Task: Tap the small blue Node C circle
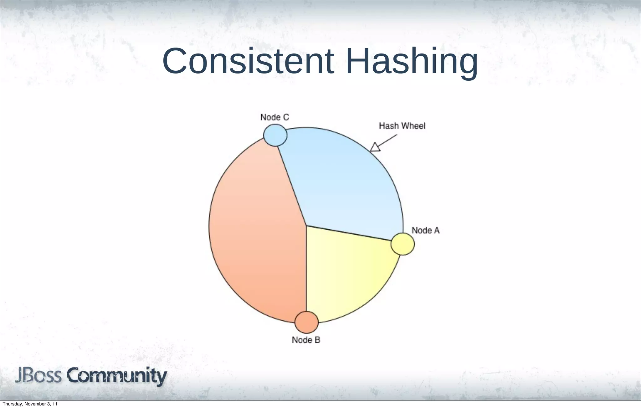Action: coord(275,135)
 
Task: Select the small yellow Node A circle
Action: coord(403,244)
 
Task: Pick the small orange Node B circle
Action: coord(306,322)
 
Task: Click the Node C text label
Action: coord(274,117)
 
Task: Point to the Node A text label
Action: coord(425,231)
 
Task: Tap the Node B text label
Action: coord(306,340)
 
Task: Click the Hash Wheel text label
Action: coord(402,126)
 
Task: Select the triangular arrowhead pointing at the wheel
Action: coord(375,147)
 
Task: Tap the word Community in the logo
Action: coord(117,376)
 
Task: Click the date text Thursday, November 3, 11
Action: coord(30,404)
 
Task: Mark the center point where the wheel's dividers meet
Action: coord(306,226)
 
